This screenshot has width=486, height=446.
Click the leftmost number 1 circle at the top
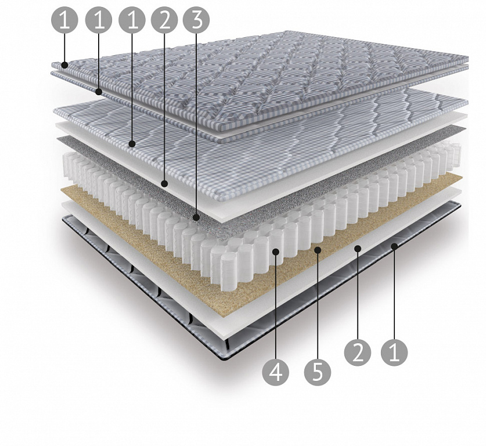point(64,20)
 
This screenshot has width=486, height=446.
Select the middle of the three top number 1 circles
point(99,20)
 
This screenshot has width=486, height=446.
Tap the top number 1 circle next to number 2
point(132,20)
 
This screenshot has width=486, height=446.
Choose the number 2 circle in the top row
point(164,20)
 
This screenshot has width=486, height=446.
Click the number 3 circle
point(196,20)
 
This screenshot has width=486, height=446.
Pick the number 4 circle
point(276,372)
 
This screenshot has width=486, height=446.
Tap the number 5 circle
point(318,372)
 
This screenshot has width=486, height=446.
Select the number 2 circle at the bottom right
point(358,353)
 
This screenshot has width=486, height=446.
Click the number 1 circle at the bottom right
point(394,353)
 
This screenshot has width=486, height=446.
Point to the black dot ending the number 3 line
point(196,218)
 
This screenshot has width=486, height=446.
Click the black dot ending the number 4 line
point(276,252)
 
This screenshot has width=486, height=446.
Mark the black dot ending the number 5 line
point(318,249)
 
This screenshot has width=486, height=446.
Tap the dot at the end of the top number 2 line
point(164,184)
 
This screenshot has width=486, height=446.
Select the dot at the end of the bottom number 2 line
point(358,248)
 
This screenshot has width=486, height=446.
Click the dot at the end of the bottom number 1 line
point(394,246)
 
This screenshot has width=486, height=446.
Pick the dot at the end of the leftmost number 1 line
point(64,65)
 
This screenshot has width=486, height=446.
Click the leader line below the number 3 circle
point(196,124)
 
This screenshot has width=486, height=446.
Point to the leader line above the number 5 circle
point(318,305)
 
